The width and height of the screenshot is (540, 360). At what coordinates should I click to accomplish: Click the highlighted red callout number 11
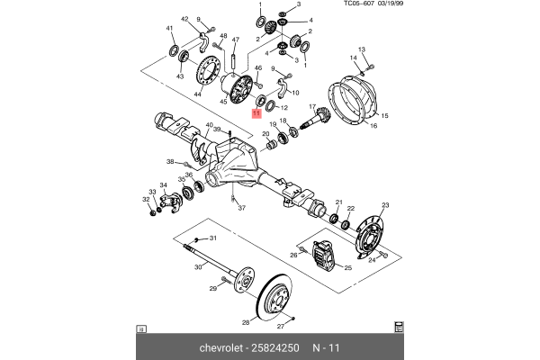click(256, 113)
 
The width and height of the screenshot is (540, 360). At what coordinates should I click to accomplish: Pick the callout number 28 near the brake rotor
click(246, 321)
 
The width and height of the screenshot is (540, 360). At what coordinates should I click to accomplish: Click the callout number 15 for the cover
click(384, 116)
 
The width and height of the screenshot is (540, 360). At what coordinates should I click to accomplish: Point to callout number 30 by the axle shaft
click(197, 267)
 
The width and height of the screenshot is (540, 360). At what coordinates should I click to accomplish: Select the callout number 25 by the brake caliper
click(347, 267)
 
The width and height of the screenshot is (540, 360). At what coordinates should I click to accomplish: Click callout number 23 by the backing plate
click(384, 207)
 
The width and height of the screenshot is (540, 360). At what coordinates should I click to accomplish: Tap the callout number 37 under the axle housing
click(241, 208)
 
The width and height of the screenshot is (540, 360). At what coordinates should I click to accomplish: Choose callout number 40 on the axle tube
click(208, 125)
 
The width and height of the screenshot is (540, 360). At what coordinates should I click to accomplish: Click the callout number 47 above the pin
click(236, 40)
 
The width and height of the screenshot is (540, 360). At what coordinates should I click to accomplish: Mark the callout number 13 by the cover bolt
click(362, 49)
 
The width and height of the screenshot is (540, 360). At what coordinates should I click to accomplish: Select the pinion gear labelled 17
click(317, 117)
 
